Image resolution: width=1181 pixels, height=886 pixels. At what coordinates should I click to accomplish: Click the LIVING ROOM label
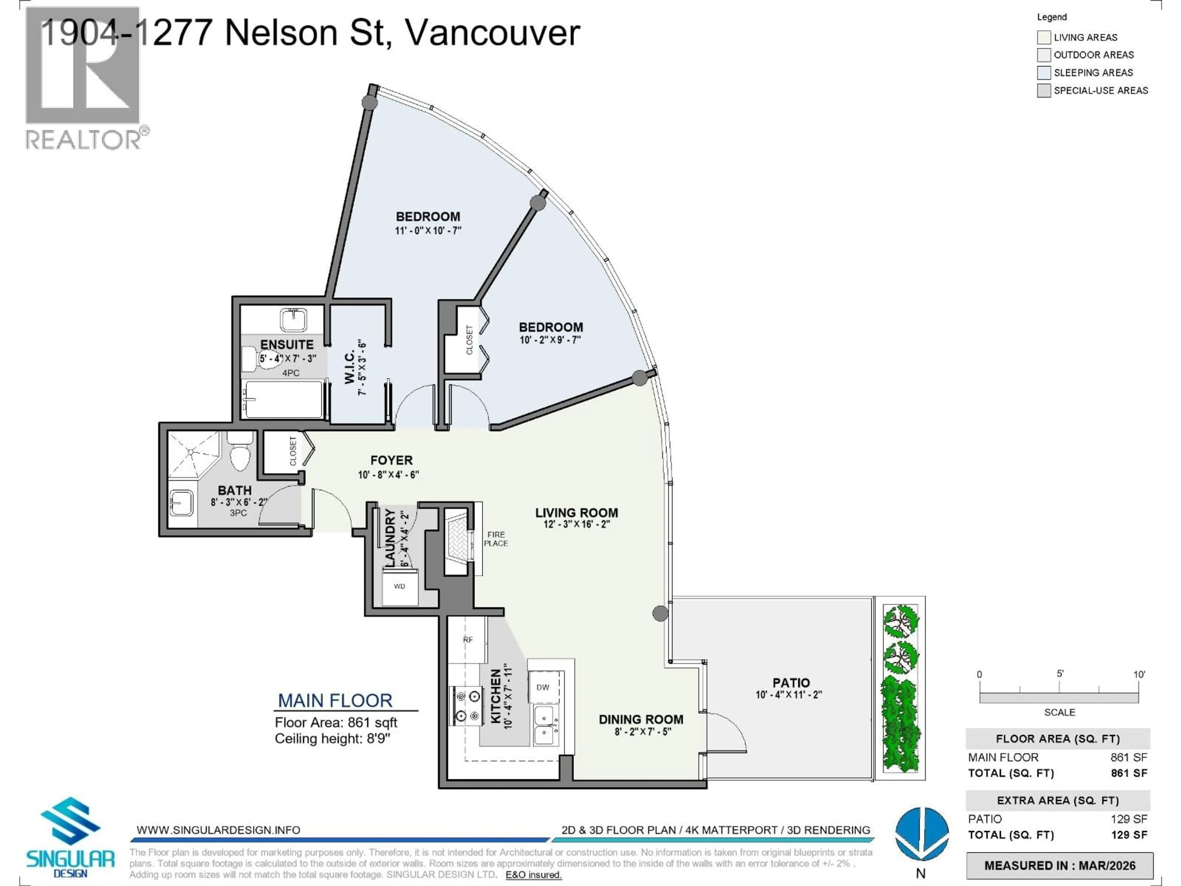tap(577, 513)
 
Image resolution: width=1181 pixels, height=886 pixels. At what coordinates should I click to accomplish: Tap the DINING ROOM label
tap(641, 719)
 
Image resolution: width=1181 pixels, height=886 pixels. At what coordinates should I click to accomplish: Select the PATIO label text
tap(791, 683)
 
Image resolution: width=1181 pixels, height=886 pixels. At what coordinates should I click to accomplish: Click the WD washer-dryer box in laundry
tap(400, 586)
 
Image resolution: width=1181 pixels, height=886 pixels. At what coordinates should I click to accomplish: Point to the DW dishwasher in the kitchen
tap(543, 687)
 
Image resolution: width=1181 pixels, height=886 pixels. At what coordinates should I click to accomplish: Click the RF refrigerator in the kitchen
tap(468, 640)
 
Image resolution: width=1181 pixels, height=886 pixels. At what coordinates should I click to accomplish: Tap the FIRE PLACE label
tap(495, 539)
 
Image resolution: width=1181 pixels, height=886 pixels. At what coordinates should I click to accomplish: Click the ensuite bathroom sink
tap(293, 321)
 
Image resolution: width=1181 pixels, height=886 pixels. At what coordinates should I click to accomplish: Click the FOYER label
tap(391, 460)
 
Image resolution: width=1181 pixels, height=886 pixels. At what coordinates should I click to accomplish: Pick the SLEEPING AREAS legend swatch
tap(1044, 73)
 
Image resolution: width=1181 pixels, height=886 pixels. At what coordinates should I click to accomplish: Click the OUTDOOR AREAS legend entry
tap(1093, 55)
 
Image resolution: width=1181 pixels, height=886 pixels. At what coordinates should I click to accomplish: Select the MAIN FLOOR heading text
tap(335, 700)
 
